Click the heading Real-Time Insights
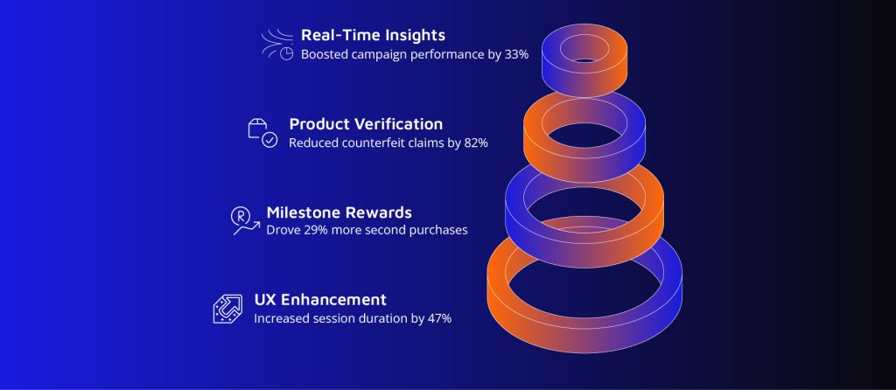[373, 35]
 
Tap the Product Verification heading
[366, 124]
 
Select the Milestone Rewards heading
[339, 212]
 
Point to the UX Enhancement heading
[320, 299]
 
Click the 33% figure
[516, 55]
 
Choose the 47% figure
[439, 318]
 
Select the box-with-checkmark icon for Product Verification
[262, 133]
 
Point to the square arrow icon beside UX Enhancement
[227, 309]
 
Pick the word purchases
[441, 230]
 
